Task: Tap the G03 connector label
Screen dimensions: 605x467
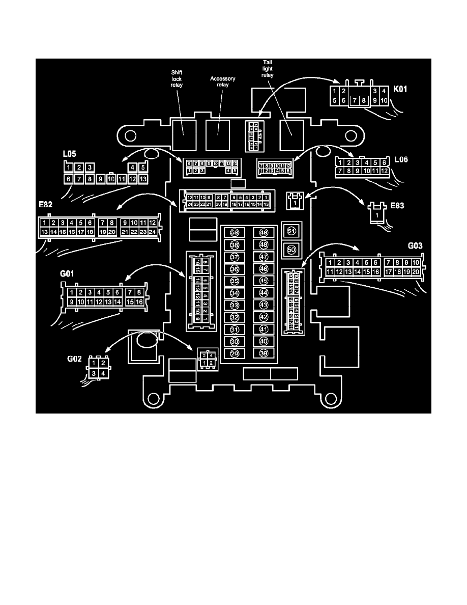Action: point(416,245)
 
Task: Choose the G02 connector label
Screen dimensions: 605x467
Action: point(75,358)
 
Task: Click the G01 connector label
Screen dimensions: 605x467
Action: point(68,274)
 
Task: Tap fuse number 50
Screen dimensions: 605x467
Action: point(291,250)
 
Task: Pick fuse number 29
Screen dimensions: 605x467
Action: point(235,353)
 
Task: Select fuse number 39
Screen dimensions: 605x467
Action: point(264,353)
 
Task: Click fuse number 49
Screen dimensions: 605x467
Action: point(264,233)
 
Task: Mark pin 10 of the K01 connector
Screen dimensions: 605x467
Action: point(384,100)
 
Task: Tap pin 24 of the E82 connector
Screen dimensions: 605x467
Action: point(152,232)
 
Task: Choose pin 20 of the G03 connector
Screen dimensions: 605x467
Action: point(416,272)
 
